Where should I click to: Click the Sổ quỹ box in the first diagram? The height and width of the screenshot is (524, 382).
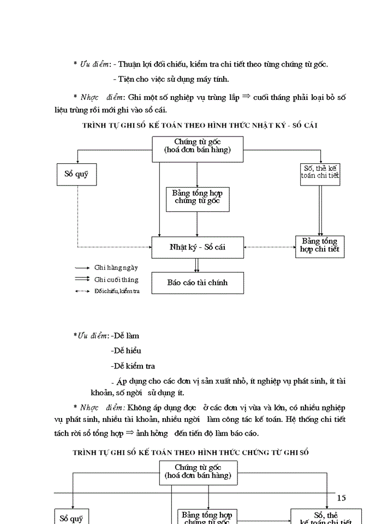(x=76, y=174)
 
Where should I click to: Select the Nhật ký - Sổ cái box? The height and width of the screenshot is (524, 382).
(x=197, y=247)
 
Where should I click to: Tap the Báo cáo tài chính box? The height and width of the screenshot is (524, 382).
(x=197, y=283)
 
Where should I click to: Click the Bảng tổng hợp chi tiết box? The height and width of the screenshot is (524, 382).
(x=320, y=246)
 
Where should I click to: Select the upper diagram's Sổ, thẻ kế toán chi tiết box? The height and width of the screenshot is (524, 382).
(x=320, y=172)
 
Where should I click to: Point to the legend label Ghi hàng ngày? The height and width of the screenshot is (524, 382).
(x=116, y=268)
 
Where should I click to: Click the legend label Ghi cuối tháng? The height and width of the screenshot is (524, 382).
(x=116, y=279)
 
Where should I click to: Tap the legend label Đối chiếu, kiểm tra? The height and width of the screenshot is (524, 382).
(x=116, y=291)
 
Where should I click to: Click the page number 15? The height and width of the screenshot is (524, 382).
(x=342, y=497)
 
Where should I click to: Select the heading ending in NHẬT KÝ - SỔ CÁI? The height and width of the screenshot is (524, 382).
(x=200, y=125)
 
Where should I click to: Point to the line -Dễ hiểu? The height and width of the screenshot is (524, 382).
(x=126, y=351)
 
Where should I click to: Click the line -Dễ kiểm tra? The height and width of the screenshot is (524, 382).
(x=133, y=366)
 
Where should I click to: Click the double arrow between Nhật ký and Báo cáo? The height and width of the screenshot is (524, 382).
(x=197, y=265)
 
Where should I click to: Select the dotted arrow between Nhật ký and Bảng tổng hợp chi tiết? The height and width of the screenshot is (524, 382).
(x=270, y=247)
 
